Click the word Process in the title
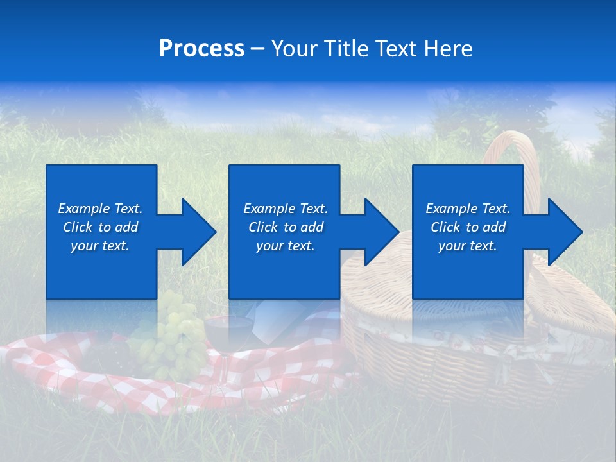[201, 49]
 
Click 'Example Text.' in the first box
[100, 209]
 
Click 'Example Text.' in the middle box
[285, 209]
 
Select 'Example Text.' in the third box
[468, 209]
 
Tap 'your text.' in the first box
[100, 246]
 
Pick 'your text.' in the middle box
[285, 246]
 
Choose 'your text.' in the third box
[468, 246]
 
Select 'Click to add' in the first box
[100, 227]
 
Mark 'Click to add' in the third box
[468, 227]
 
